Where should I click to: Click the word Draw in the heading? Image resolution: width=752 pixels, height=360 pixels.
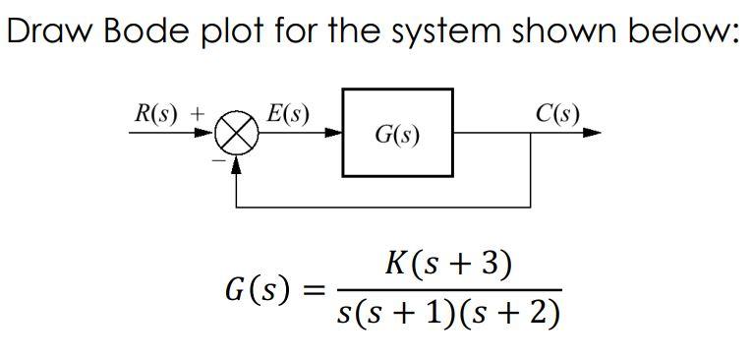tap(46, 31)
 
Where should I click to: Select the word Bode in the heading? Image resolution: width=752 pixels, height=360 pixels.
tap(137, 31)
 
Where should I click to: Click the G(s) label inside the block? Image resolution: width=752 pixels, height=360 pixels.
tap(397, 134)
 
